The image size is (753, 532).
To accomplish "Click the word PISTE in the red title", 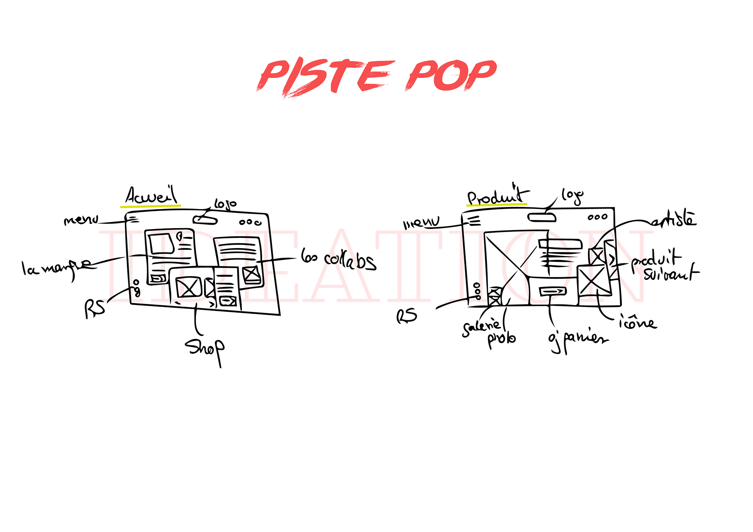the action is (326, 76).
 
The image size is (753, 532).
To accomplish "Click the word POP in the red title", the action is (451, 74).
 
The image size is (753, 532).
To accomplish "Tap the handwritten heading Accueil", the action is (151, 196).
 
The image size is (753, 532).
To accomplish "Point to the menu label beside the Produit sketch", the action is (422, 223).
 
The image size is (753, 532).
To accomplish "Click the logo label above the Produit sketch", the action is (572, 196).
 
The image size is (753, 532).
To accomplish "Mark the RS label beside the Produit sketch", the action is (407, 316).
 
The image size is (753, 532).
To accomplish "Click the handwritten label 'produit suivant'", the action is (663, 265).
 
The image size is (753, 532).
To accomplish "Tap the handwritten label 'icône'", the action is (638, 322).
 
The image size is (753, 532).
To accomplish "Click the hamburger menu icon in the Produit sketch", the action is (474, 221).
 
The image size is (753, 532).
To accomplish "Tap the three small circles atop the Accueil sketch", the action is (250, 222).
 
